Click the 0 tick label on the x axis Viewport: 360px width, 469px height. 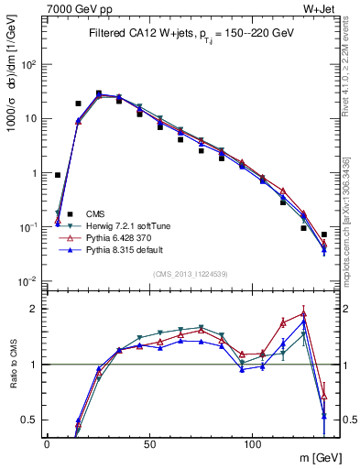point(47,443)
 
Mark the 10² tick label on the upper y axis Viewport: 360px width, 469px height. point(31,65)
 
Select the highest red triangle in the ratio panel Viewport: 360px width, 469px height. point(303,313)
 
